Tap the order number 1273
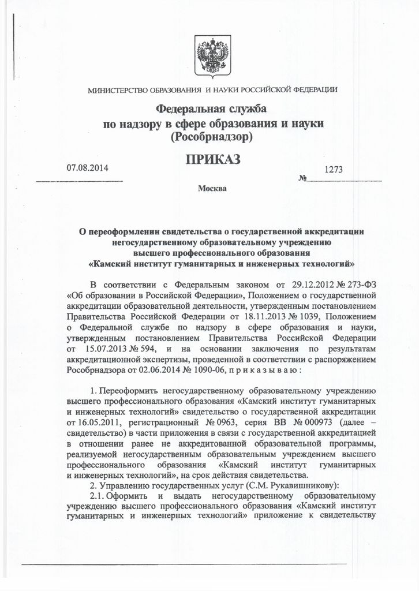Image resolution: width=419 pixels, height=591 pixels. click(334, 170)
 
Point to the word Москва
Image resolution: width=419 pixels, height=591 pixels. click(212, 188)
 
